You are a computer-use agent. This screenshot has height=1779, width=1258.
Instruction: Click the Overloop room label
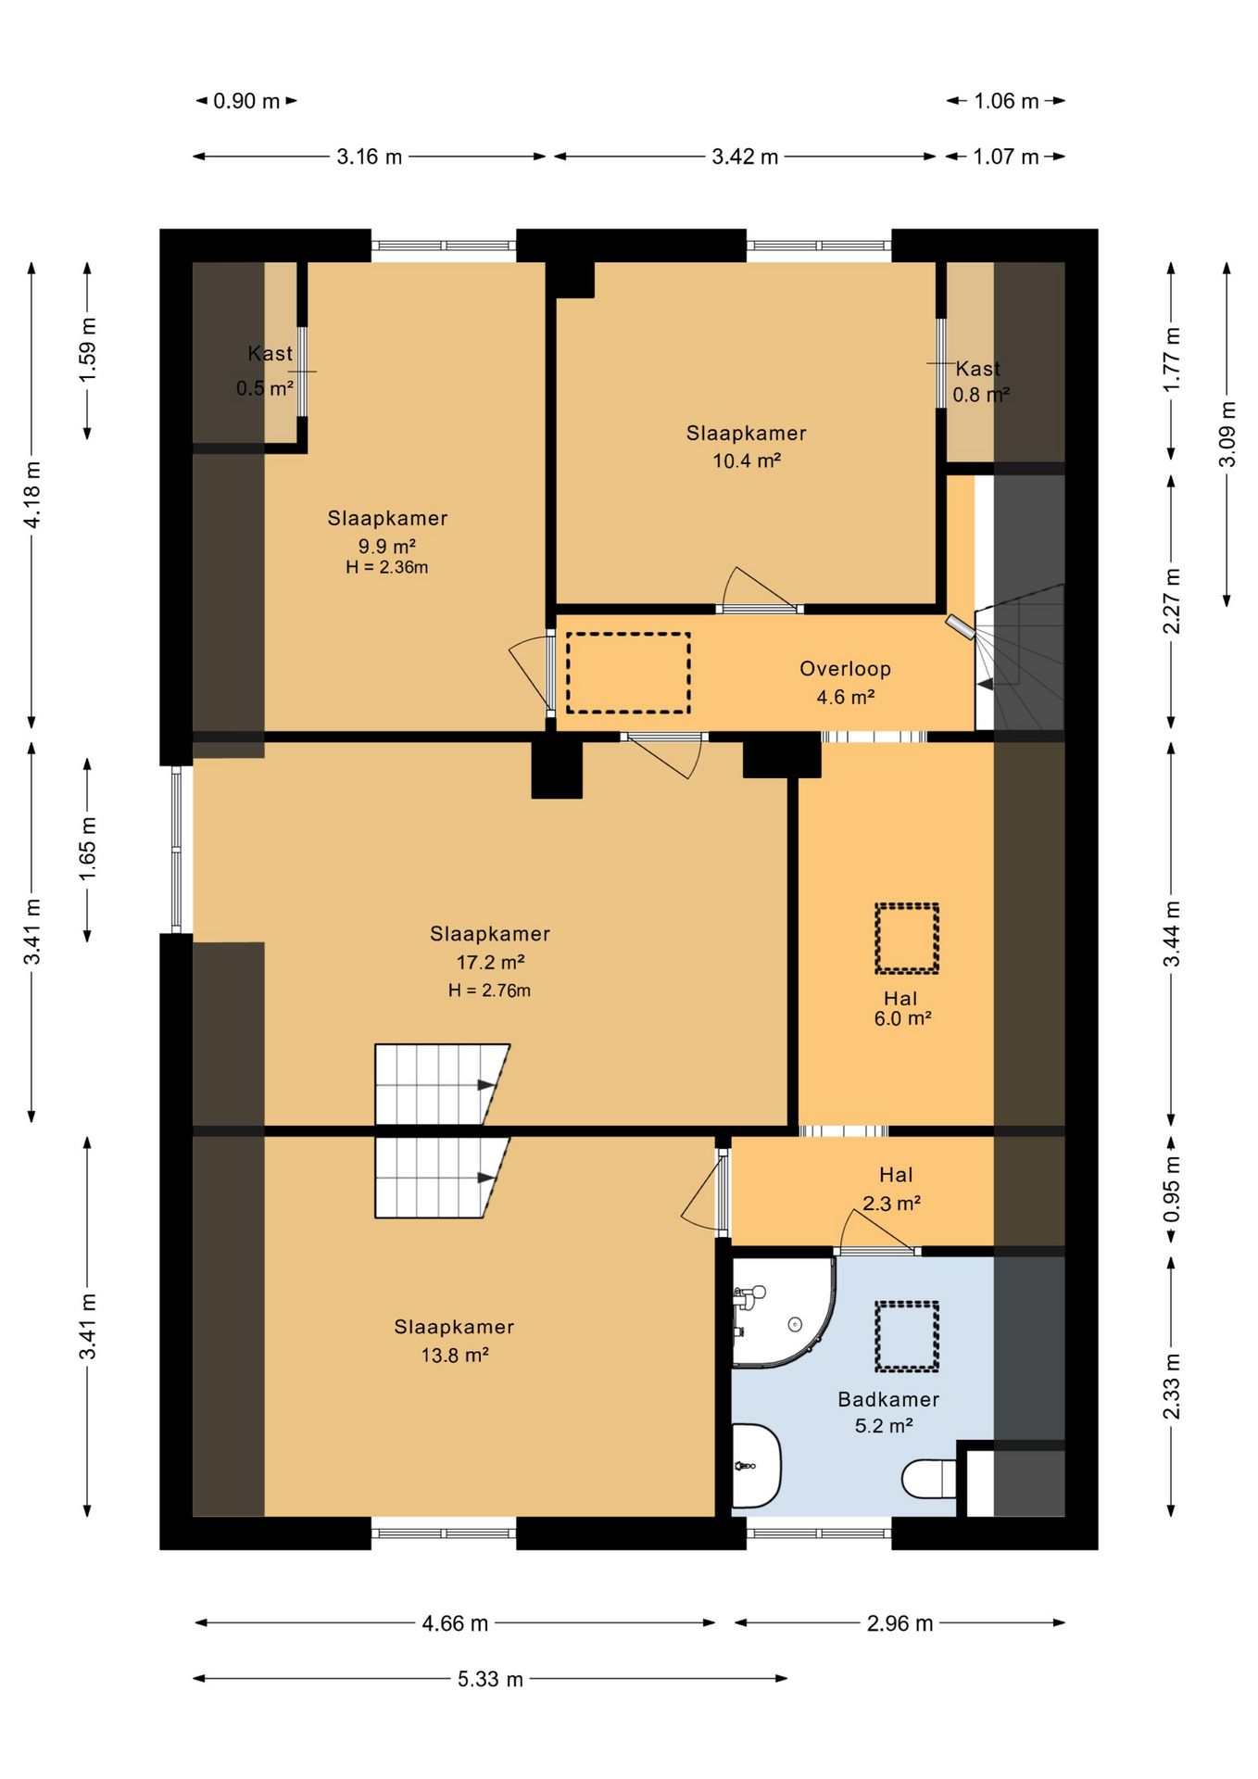[x=845, y=668]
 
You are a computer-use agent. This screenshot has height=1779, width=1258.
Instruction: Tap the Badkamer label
[x=888, y=1399]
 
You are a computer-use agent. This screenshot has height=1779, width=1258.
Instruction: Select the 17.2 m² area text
[x=490, y=962]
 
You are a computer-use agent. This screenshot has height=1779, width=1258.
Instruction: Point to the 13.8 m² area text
[x=454, y=1355]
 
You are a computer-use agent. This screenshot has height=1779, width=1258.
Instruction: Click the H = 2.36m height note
[x=386, y=567]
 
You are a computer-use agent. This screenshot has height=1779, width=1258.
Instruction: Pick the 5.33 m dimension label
[x=490, y=1679]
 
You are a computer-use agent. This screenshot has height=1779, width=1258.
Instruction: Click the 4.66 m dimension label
[x=455, y=1623]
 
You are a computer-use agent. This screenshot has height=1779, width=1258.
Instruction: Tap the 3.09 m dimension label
[x=1227, y=434]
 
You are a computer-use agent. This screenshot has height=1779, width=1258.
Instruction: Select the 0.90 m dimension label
[x=246, y=101]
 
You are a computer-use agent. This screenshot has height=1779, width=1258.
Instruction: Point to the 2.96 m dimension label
[x=899, y=1623]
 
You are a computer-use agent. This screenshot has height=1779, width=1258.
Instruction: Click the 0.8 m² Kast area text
[x=980, y=395]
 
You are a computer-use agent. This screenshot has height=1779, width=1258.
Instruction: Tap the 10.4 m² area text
[x=746, y=461]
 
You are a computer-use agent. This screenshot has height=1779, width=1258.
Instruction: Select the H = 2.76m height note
[x=489, y=990]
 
